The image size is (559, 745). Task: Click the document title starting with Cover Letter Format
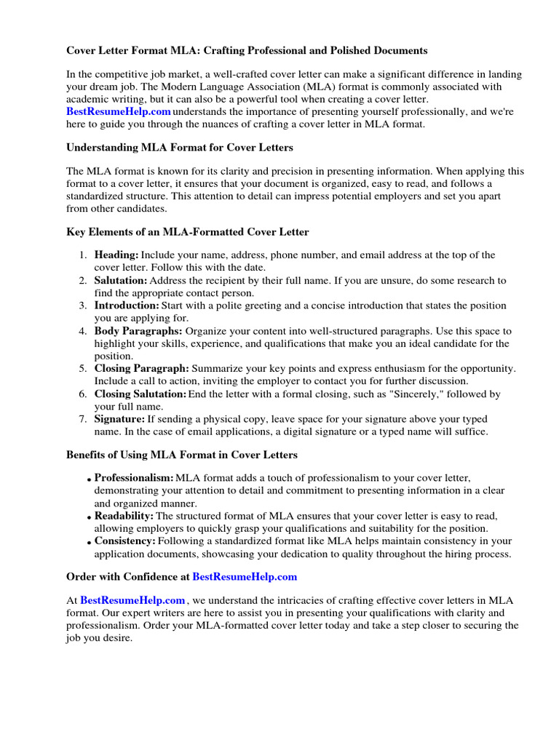pyautogui.click(x=247, y=51)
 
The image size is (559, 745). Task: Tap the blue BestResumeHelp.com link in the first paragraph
pyautogui.click(x=119, y=111)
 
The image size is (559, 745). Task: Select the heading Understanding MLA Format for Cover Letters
pyautogui.click(x=180, y=148)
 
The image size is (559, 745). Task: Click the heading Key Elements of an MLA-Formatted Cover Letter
pyautogui.click(x=187, y=232)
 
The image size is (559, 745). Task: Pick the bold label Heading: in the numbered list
pyautogui.click(x=116, y=255)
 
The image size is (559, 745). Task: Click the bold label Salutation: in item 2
pyautogui.click(x=120, y=281)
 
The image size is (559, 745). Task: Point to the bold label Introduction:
pyautogui.click(x=126, y=306)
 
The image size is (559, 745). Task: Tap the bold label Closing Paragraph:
pyautogui.click(x=141, y=369)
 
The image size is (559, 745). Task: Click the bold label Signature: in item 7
pyautogui.click(x=119, y=420)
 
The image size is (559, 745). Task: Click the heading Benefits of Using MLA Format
pyautogui.click(x=181, y=455)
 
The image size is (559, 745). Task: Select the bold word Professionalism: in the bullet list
pyautogui.click(x=134, y=478)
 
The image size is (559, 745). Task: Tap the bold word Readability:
pyautogui.click(x=124, y=516)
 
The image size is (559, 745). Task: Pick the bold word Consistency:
pyautogui.click(x=124, y=541)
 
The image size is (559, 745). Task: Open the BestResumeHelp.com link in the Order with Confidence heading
pyautogui.click(x=245, y=577)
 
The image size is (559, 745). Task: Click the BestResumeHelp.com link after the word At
pyautogui.click(x=132, y=600)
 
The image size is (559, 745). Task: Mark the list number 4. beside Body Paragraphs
pyautogui.click(x=83, y=332)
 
